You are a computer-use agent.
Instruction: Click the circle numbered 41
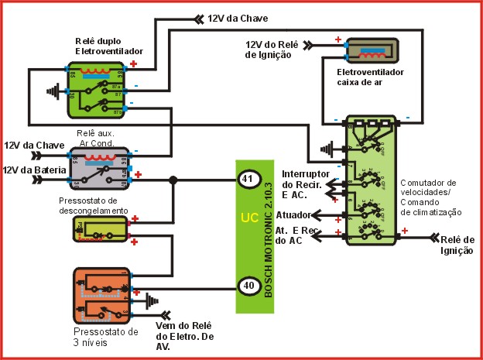[x=247, y=180]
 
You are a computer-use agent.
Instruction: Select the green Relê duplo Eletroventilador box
[x=99, y=89]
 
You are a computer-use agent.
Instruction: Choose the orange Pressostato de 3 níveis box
[x=101, y=295]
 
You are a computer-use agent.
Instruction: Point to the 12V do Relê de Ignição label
[x=271, y=50]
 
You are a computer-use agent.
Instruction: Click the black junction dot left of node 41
[x=173, y=180]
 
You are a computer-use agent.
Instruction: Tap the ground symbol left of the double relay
[x=52, y=91]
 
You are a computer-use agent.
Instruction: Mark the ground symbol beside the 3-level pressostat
[x=152, y=298]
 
